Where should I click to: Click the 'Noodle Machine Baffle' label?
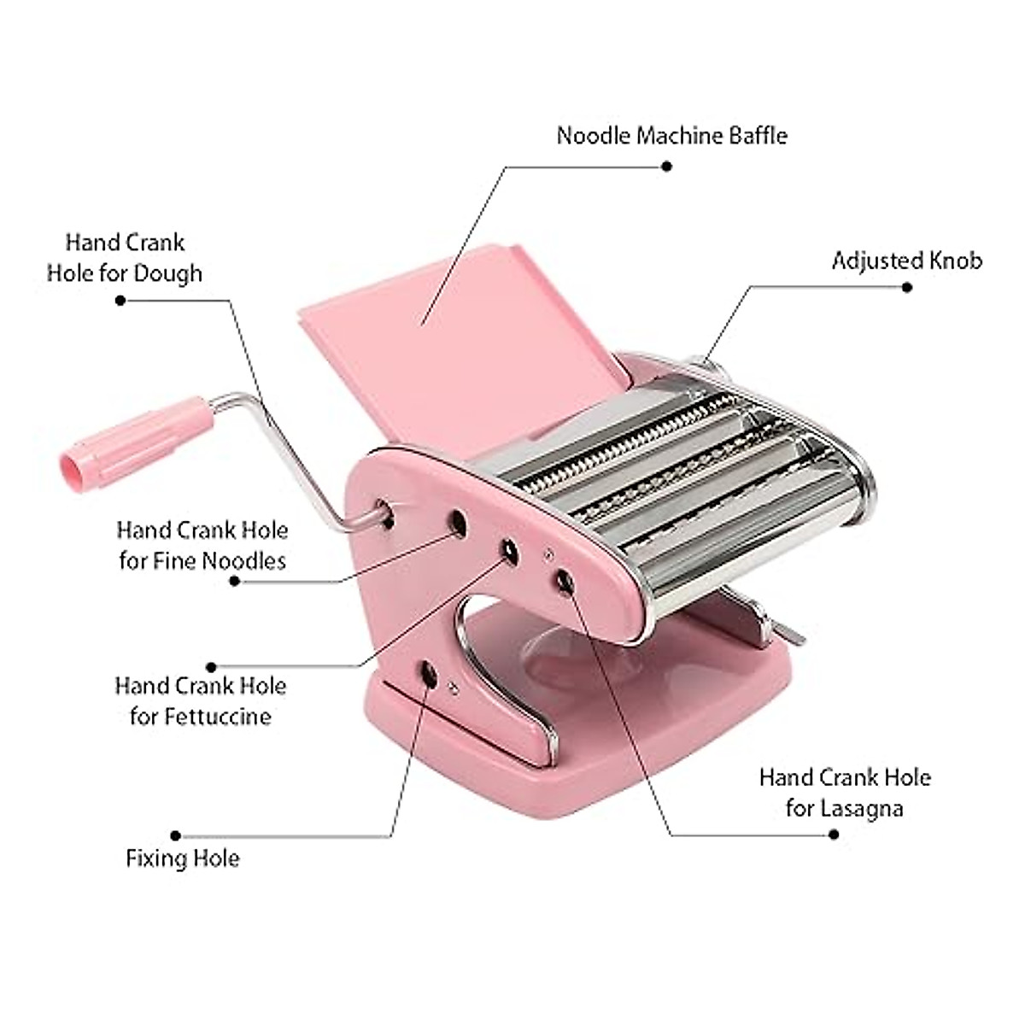(x=671, y=136)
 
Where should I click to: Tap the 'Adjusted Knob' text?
(x=906, y=261)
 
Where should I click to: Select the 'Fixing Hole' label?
(x=183, y=858)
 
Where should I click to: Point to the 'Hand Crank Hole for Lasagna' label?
(x=844, y=793)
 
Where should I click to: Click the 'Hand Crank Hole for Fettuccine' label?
(x=201, y=700)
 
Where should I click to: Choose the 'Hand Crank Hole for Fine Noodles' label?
(x=202, y=545)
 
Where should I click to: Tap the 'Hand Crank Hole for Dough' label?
(x=125, y=258)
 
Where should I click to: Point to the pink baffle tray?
(x=461, y=342)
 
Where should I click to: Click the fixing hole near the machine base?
(x=428, y=676)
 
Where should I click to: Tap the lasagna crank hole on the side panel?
(x=565, y=581)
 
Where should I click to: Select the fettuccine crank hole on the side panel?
(x=510, y=552)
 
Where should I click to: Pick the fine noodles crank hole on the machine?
(x=459, y=522)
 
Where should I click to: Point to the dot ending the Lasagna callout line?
(x=834, y=834)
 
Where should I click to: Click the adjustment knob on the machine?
(x=709, y=367)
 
